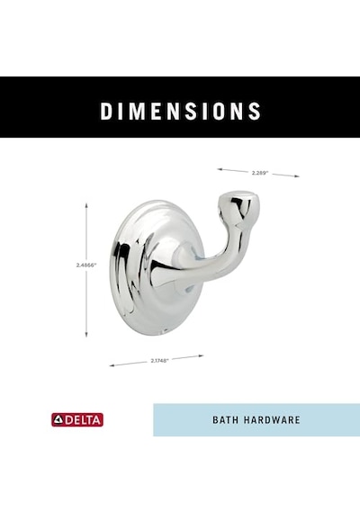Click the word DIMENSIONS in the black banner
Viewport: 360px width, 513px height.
tap(180, 112)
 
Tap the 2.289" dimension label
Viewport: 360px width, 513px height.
tap(260, 173)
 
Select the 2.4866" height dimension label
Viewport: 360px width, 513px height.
tap(86, 265)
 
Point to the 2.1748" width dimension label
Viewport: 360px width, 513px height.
tap(159, 361)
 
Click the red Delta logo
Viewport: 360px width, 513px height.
tap(77, 419)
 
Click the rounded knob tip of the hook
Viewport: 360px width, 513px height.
tap(239, 205)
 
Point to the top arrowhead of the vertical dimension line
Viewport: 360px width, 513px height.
tap(86, 205)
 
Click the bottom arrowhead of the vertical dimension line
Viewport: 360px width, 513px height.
tap(86, 335)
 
